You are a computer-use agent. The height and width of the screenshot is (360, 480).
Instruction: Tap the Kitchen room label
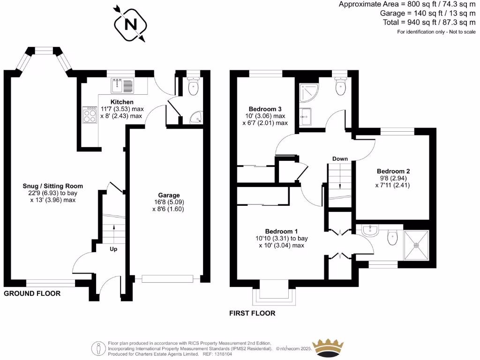point(122,102)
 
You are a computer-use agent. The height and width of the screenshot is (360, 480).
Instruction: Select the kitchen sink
point(122,86)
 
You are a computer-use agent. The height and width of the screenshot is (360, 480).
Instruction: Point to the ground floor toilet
point(193,87)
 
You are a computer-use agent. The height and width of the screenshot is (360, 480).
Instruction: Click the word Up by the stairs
point(113,249)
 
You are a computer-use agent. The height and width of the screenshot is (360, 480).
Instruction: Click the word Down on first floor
point(340,159)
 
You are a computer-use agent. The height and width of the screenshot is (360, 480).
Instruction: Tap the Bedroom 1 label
point(281,231)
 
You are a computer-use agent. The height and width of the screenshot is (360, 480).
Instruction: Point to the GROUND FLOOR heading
point(32,294)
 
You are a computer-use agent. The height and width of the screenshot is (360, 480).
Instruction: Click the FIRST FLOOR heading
point(253,313)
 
